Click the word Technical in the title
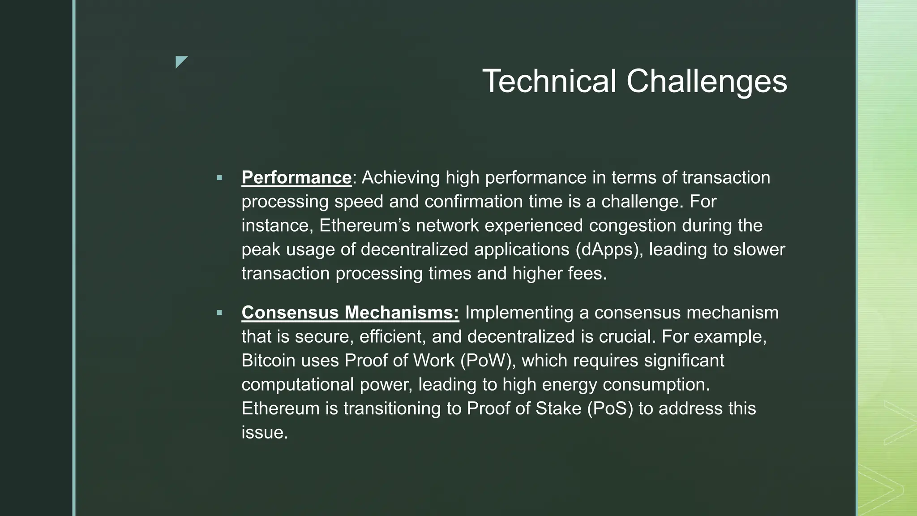tap(549, 82)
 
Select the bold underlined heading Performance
tap(296, 178)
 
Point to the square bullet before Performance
tap(219, 178)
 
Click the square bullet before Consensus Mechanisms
tap(219, 313)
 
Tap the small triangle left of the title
tap(181, 62)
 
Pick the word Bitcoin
tap(268, 361)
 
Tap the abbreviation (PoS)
tap(609, 408)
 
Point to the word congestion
tap(632, 225)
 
